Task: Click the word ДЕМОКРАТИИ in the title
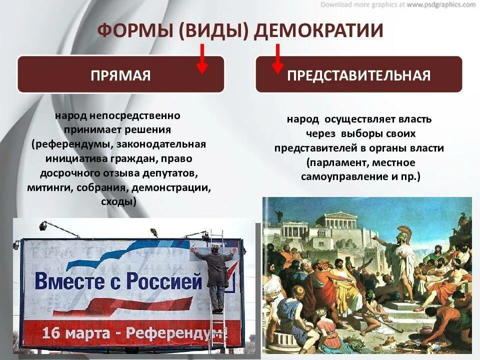(x=318, y=30)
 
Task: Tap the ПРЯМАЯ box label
(x=120, y=75)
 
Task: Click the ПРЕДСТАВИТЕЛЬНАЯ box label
(x=358, y=75)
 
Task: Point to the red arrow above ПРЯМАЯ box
(x=202, y=59)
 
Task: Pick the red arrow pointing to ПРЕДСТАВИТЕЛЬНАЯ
(x=277, y=59)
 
